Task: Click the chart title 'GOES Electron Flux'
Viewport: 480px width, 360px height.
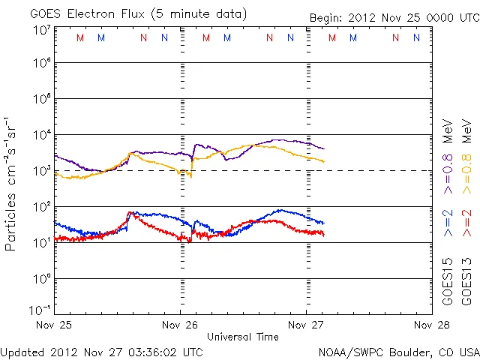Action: click(x=85, y=14)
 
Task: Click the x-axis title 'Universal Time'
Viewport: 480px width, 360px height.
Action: click(x=242, y=337)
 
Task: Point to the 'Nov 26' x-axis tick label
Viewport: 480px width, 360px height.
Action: click(x=179, y=325)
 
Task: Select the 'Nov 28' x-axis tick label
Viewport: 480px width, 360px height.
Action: click(x=431, y=325)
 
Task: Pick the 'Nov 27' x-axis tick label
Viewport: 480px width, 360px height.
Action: click(x=307, y=325)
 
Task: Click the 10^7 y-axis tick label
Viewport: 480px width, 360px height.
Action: click(x=42, y=30)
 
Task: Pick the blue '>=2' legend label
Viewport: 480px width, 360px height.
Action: click(x=448, y=223)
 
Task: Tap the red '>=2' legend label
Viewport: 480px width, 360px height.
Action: click(x=466, y=223)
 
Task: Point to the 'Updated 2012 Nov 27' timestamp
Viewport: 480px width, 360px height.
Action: click(x=101, y=351)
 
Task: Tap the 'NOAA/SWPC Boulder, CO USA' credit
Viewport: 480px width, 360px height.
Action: click(x=398, y=351)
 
